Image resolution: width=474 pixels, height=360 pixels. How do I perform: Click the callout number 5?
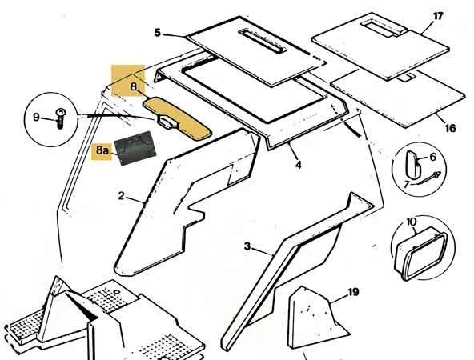158,32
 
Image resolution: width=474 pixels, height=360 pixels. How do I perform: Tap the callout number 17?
438,16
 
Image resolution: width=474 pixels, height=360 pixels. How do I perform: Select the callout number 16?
450,128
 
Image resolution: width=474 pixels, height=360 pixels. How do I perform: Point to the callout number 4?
299,165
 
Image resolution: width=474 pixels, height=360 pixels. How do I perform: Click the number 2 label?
121,196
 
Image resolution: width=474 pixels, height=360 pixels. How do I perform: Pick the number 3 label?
247,246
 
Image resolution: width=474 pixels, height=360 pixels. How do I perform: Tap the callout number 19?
353,292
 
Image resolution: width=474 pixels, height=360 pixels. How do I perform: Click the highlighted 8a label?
102,150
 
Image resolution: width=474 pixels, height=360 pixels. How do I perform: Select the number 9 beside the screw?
36,117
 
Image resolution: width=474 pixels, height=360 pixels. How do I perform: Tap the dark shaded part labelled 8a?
135,148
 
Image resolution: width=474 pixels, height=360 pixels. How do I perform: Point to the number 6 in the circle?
433,157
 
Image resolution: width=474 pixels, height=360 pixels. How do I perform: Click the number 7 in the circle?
407,183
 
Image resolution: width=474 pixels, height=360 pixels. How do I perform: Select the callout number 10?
412,222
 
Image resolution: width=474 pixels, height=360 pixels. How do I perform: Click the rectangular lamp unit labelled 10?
420,253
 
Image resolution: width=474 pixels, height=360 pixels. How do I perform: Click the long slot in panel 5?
262,41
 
